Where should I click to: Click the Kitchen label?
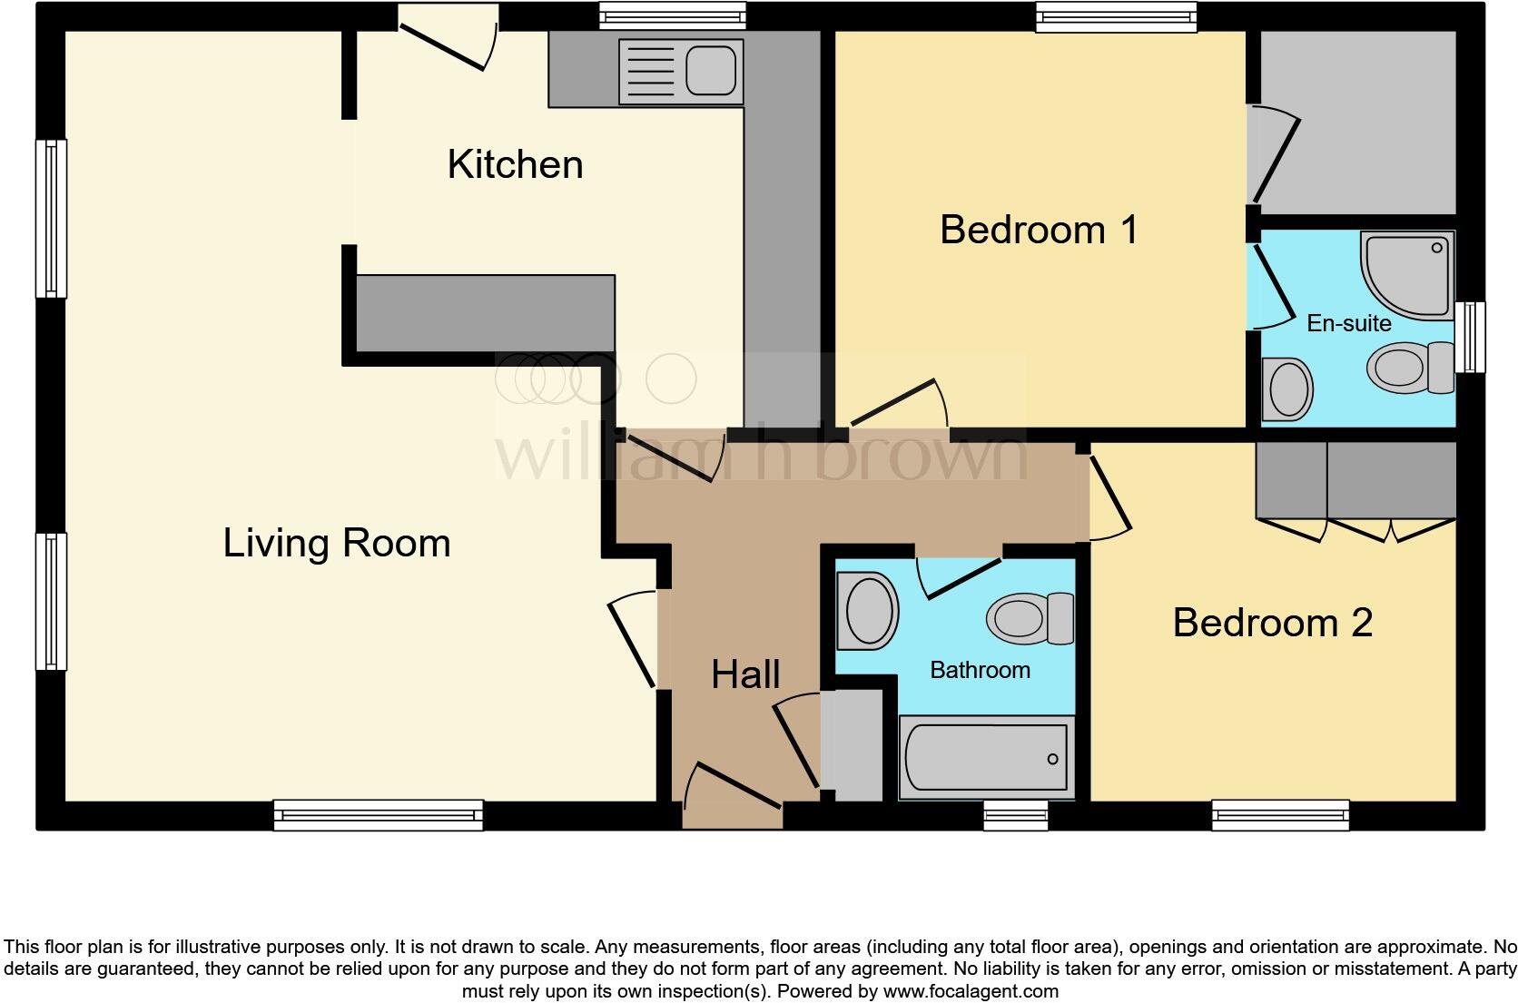pyautogui.click(x=515, y=164)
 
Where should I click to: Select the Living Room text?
pyautogui.click(x=337, y=543)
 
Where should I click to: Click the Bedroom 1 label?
pyautogui.click(x=1039, y=229)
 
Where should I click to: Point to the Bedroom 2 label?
pyautogui.click(x=1272, y=623)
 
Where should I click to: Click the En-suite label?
pyautogui.click(x=1348, y=323)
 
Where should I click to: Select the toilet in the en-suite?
pyautogui.click(x=1409, y=368)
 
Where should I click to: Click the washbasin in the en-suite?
pyautogui.click(x=1287, y=388)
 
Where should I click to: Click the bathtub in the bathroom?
pyautogui.click(x=986, y=758)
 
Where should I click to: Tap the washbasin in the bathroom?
pyautogui.click(x=867, y=610)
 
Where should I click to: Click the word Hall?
pyautogui.click(x=745, y=674)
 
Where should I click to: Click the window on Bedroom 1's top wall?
pyautogui.click(x=1117, y=17)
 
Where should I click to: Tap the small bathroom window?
pyautogui.click(x=1016, y=815)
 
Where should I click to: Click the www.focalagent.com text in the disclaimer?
pyautogui.click(x=969, y=991)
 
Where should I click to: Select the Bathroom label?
pyautogui.click(x=980, y=670)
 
